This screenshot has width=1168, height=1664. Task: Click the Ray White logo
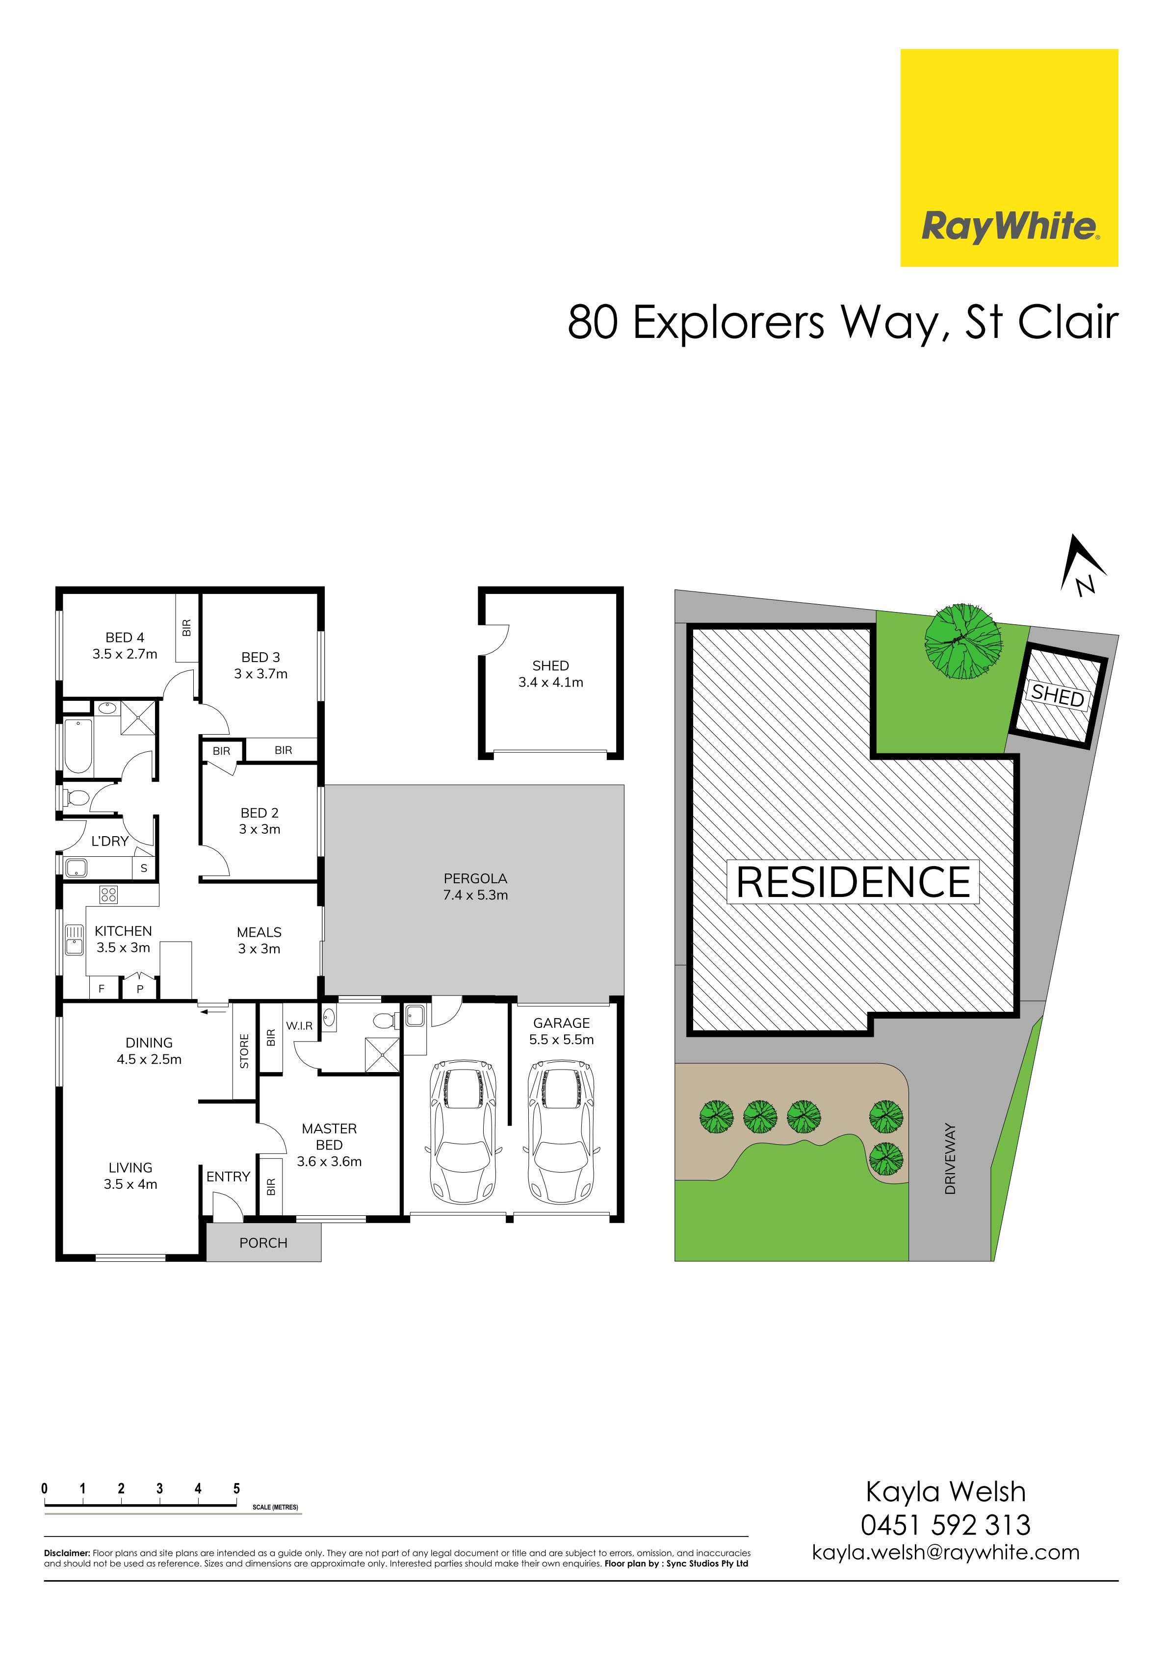pyautogui.click(x=1009, y=157)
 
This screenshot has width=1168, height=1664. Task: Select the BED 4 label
pyautogui.click(x=125, y=638)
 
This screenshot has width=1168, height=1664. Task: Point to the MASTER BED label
pyautogui.click(x=329, y=1136)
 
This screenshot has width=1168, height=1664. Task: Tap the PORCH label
pyautogui.click(x=263, y=1243)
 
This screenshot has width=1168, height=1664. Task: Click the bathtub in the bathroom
pyautogui.click(x=78, y=746)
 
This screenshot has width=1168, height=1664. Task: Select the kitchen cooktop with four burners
pyautogui.click(x=109, y=895)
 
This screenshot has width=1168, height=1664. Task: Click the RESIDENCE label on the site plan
pyautogui.click(x=854, y=882)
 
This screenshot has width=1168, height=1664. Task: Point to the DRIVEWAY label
pyautogui.click(x=951, y=1159)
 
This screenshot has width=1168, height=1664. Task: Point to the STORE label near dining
pyautogui.click(x=244, y=1051)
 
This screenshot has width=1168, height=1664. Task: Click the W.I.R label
pyautogui.click(x=299, y=1026)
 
